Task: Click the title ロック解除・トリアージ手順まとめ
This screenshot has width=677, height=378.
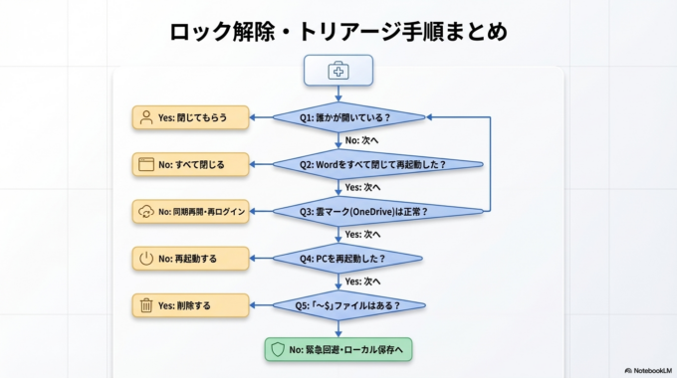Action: coord(338,32)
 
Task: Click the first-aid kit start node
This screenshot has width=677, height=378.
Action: coord(338,70)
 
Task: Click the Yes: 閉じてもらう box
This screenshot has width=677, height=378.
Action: coord(190,117)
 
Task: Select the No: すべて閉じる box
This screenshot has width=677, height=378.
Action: coord(190,164)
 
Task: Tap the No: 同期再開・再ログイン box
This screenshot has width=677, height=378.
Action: coord(190,211)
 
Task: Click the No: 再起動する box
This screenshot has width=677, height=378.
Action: coord(190,259)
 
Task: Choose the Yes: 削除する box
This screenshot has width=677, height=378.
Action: coord(190,305)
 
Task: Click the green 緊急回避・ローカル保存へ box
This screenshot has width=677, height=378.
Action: coord(338,350)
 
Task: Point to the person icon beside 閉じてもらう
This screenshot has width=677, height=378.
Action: coord(145,117)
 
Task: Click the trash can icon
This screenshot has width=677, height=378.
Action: coord(145,305)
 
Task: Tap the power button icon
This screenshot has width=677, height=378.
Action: coord(145,259)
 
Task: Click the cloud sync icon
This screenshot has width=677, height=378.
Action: coord(145,211)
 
